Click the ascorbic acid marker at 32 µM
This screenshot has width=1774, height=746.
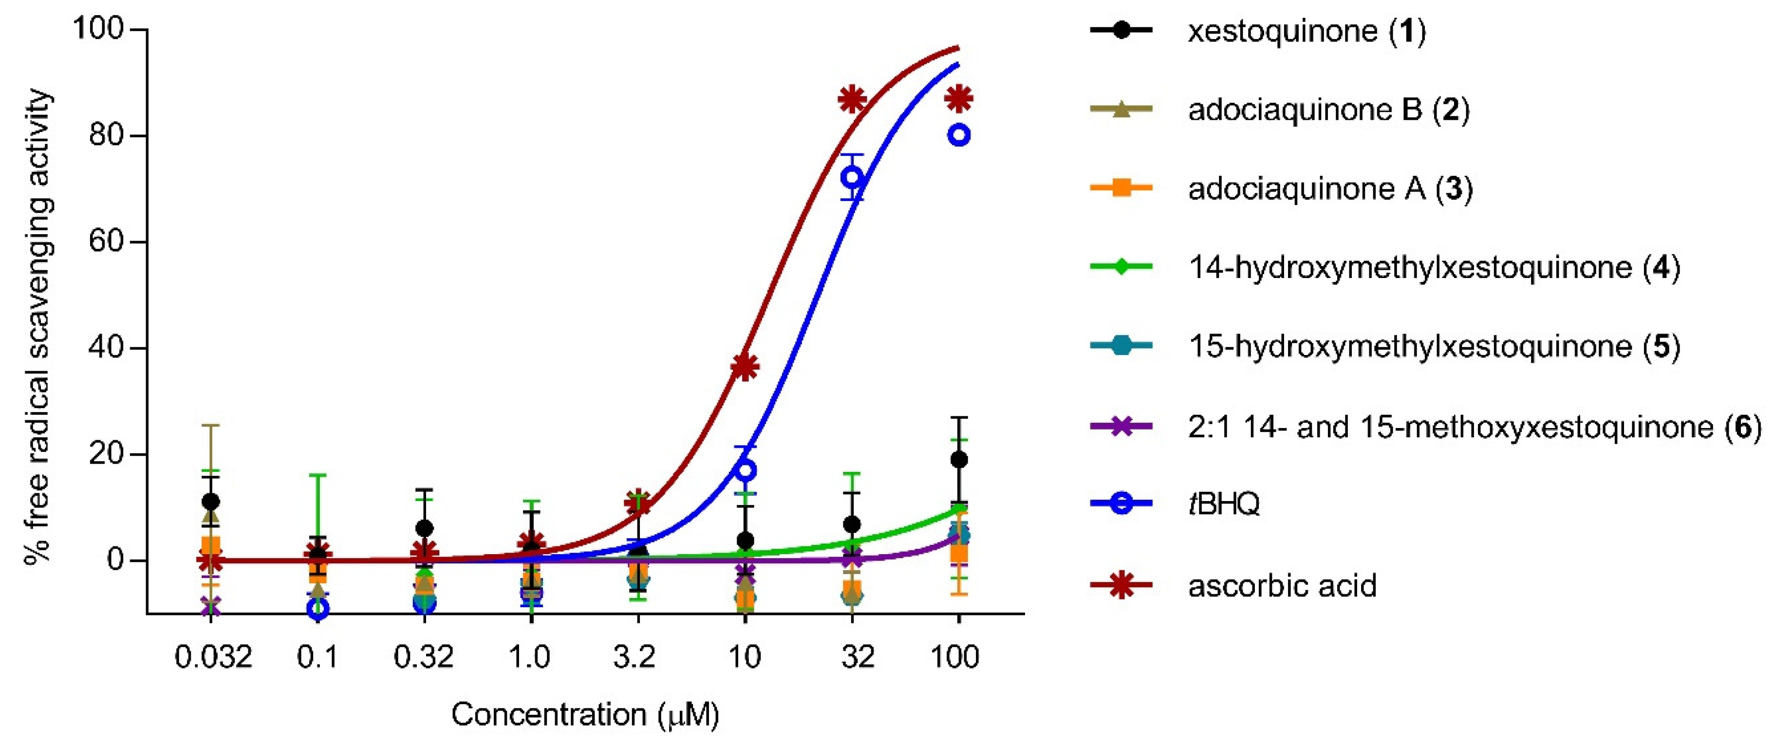852,100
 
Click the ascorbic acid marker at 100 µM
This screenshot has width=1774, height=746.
959,99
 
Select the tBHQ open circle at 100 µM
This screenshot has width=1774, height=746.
959,136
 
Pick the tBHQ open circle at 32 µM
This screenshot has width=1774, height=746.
852,178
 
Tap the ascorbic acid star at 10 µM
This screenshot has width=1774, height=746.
745,367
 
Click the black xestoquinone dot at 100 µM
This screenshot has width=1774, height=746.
959,460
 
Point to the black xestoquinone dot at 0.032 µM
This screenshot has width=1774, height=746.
211,502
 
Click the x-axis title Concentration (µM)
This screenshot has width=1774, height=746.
585,715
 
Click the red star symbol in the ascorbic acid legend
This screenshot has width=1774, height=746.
1121,585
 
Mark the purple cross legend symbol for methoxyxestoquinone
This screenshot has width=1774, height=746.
1121,427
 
